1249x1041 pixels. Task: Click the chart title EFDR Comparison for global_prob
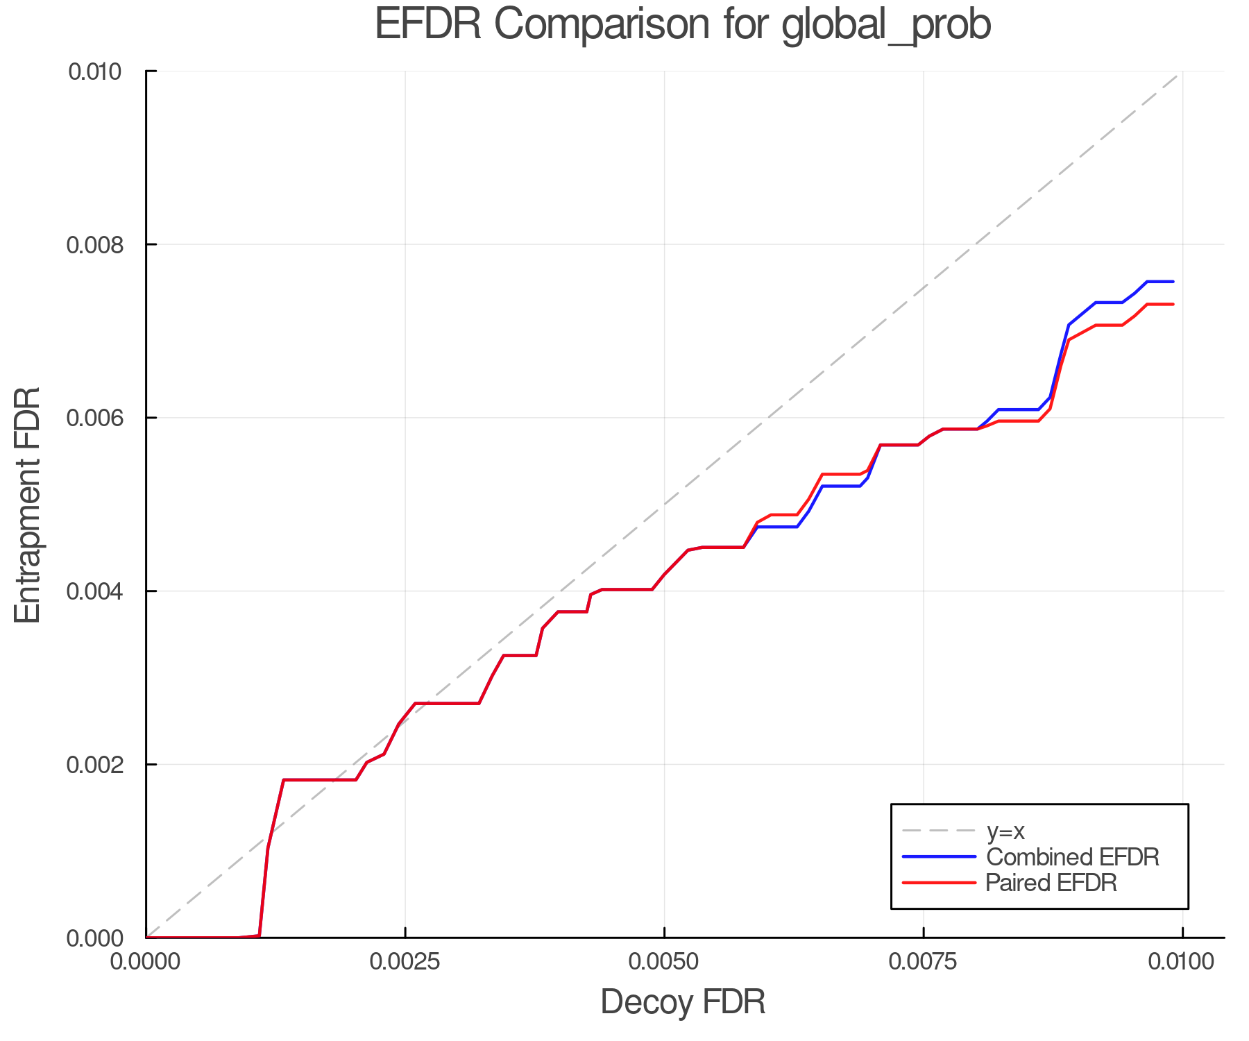pyautogui.click(x=683, y=25)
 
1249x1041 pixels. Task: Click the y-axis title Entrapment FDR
pyautogui.click(x=28, y=505)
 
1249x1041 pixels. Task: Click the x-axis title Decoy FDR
pyautogui.click(x=683, y=1001)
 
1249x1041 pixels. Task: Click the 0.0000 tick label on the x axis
pyautogui.click(x=146, y=962)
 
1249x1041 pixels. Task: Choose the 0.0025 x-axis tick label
pyautogui.click(x=405, y=962)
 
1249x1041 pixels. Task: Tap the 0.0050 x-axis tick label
pyautogui.click(x=665, y=962)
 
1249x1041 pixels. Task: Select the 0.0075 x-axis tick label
pyautogui.click(x=924, y=962)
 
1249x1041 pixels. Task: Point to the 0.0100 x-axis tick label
pyautogui.click(x=1182, y=962)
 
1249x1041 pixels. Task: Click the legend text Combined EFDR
pyautogui.click(x=1073, y=857)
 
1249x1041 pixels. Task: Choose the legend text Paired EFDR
pyautogui.click(x=1051, y=883)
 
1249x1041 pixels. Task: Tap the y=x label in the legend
pyautogui.click(x=1005, y=831)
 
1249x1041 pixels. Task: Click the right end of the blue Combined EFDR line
pyautogui.click(x=1173, y=282)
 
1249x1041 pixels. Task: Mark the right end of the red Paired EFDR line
pyautogui.click(x=1173, y=305)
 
